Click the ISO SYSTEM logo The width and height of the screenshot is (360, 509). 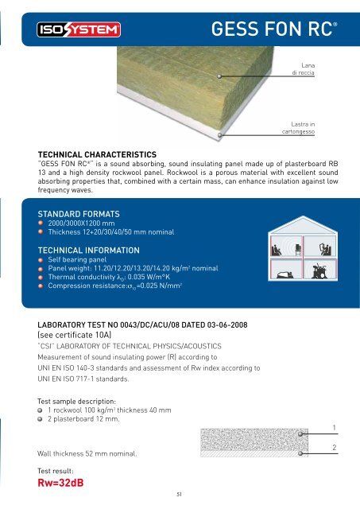(x=78, y=31)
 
